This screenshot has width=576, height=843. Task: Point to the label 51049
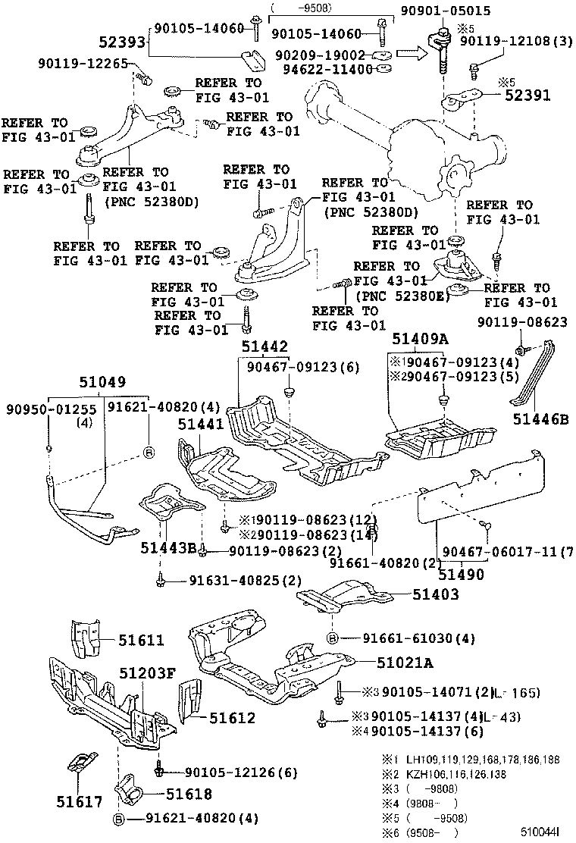(x=101, y=382)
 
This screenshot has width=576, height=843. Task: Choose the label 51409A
(x=421, y=340)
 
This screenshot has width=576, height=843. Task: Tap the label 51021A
(x=405, y=663)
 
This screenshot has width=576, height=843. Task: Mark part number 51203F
(x=147, y=672)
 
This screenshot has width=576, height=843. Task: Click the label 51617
(x=78, y=801)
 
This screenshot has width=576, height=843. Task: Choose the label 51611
(x=140, y=640)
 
